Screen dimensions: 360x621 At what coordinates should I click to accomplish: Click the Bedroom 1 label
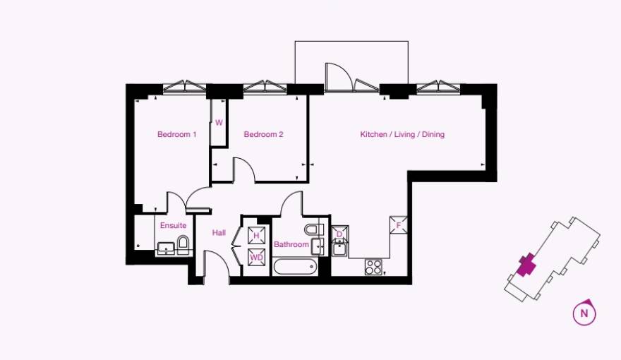176,134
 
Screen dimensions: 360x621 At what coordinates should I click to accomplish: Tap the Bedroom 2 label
263,134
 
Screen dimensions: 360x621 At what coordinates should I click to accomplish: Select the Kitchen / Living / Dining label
402,134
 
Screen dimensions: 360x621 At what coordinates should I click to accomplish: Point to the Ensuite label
173,226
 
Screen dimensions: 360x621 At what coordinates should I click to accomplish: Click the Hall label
219,232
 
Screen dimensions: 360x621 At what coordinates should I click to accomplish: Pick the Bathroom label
291,244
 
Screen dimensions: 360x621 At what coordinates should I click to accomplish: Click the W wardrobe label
219,122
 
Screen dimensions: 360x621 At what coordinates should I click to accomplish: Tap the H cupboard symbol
257,236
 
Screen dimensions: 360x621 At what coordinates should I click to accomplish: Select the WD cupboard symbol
257,258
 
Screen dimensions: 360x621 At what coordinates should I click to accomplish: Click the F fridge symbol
399,226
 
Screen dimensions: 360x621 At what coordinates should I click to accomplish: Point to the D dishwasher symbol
339,234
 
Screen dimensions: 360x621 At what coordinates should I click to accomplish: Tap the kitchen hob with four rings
373,267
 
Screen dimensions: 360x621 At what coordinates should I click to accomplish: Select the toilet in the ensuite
183,244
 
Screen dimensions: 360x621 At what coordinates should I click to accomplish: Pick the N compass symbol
584,313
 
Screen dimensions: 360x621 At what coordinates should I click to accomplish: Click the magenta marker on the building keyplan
526,265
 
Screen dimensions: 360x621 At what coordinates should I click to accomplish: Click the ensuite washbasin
166,247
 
